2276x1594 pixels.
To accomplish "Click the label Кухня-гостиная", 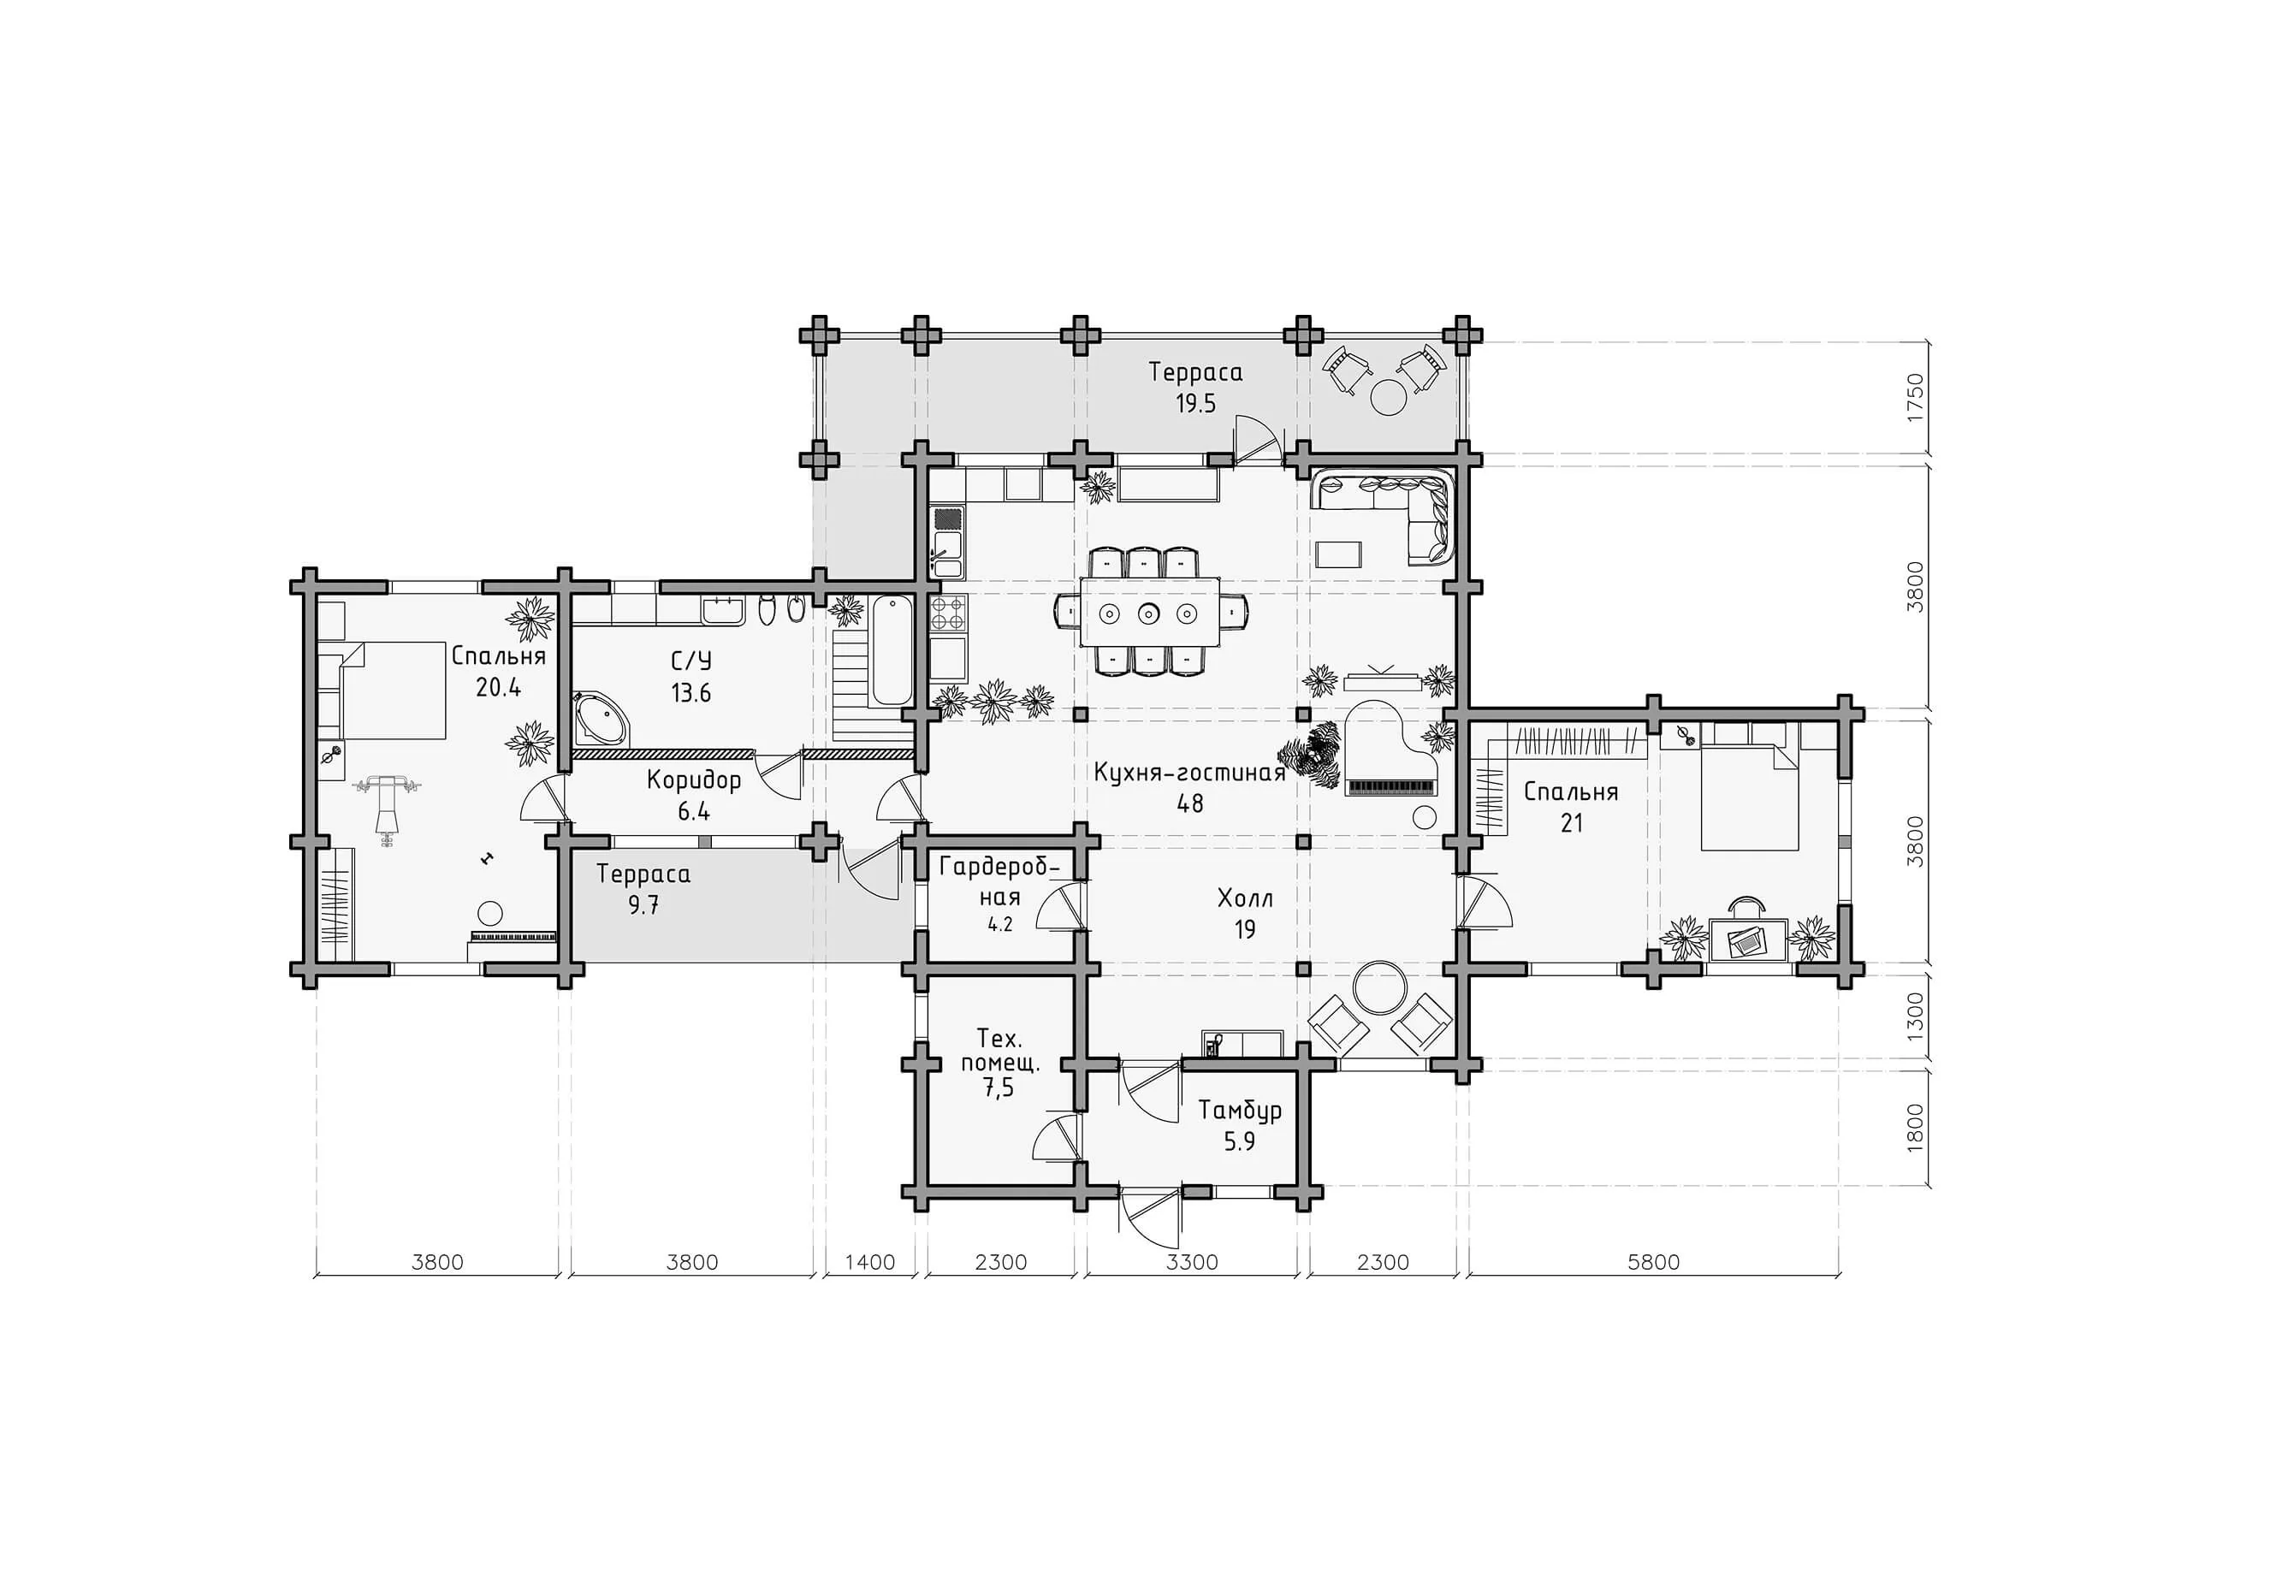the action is [x=1189, y=773].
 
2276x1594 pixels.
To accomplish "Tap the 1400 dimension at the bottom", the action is [x=869, y=1262].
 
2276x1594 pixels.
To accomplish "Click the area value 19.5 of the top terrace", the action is [x=1195, y=404].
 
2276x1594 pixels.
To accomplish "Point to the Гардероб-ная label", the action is [x=1000, y=882].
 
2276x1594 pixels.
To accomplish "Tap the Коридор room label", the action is [x=694, y=781].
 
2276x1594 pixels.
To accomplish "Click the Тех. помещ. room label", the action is [x=999, y=1052].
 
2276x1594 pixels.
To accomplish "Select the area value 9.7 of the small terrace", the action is [x=643, y=904].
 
